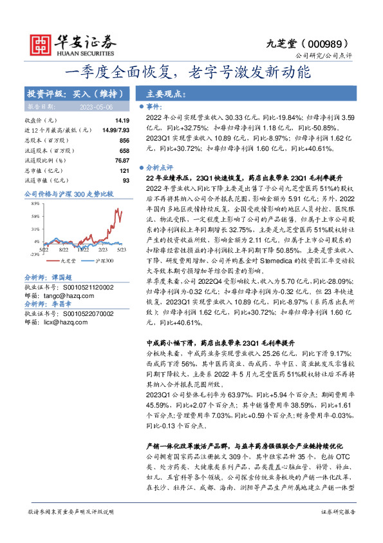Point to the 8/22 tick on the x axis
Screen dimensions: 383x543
point(64,248)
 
